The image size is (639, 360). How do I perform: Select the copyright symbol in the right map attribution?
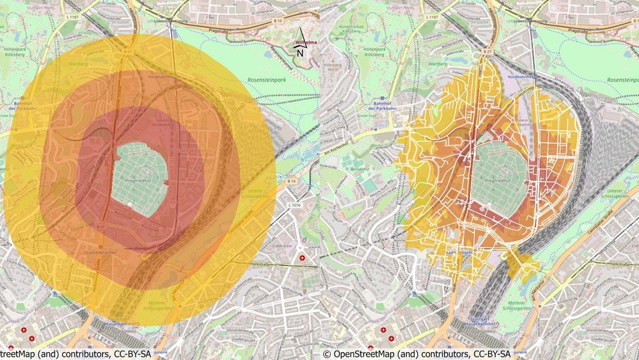(326, 354)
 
